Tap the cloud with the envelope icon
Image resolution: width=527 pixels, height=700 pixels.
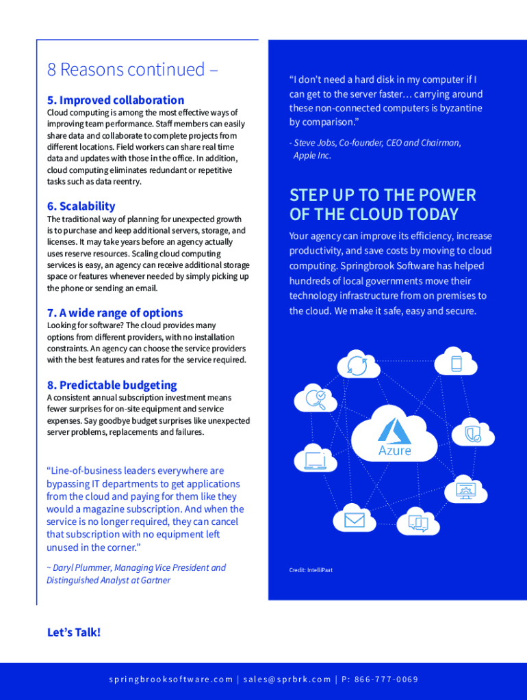point(355,520)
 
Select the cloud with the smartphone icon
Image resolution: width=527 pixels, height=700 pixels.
point(456,363)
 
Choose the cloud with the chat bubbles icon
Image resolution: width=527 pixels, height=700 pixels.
point(418,523)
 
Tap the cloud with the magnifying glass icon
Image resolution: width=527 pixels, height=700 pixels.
point(316,399)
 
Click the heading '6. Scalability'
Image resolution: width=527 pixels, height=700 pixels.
point(81,206)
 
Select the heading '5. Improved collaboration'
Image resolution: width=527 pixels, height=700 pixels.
point(115,100)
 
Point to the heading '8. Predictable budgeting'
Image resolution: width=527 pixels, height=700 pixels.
point(112,385)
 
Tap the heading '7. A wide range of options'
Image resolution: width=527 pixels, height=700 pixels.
point(114,313)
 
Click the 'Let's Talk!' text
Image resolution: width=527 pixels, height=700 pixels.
point(73,632)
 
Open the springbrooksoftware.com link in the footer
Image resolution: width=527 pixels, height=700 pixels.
point(171,679)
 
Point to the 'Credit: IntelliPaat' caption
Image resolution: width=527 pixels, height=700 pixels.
point(311,569)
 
